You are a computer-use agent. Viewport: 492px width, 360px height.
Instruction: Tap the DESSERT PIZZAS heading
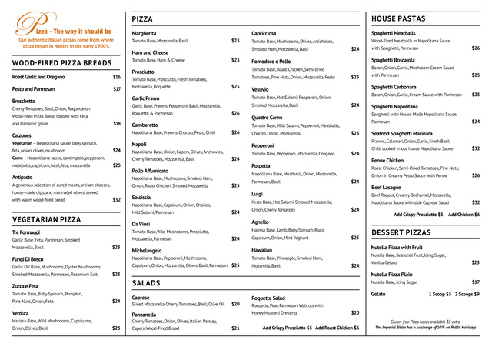pos(401,232)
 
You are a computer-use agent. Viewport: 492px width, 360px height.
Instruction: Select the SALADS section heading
pos(146,283)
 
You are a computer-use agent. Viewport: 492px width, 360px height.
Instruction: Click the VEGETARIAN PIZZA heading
pos(47,219)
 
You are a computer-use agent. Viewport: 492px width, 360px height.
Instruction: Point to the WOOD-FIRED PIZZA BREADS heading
pos(57,63)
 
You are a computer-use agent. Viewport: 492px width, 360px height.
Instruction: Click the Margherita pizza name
pos(144,34)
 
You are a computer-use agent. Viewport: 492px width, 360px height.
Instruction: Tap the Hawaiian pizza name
pos(261,250)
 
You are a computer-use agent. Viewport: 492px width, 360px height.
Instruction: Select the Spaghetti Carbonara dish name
pos(394,87)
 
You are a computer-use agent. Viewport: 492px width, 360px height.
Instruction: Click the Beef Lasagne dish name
pos(386,187)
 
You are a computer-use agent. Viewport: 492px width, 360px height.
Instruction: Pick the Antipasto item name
pos(22,177)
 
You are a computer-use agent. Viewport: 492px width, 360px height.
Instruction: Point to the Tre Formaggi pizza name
pos(26,232)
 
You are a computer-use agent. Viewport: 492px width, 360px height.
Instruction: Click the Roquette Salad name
pos(268,298)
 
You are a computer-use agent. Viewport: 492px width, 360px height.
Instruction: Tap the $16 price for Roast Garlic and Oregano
pos(117,77)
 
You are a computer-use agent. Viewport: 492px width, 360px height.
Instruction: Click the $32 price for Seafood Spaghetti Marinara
pos(476,148)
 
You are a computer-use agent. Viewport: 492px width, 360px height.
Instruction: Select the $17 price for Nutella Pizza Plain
pos(476,282)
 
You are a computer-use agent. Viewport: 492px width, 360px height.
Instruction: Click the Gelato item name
pos(378,294)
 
